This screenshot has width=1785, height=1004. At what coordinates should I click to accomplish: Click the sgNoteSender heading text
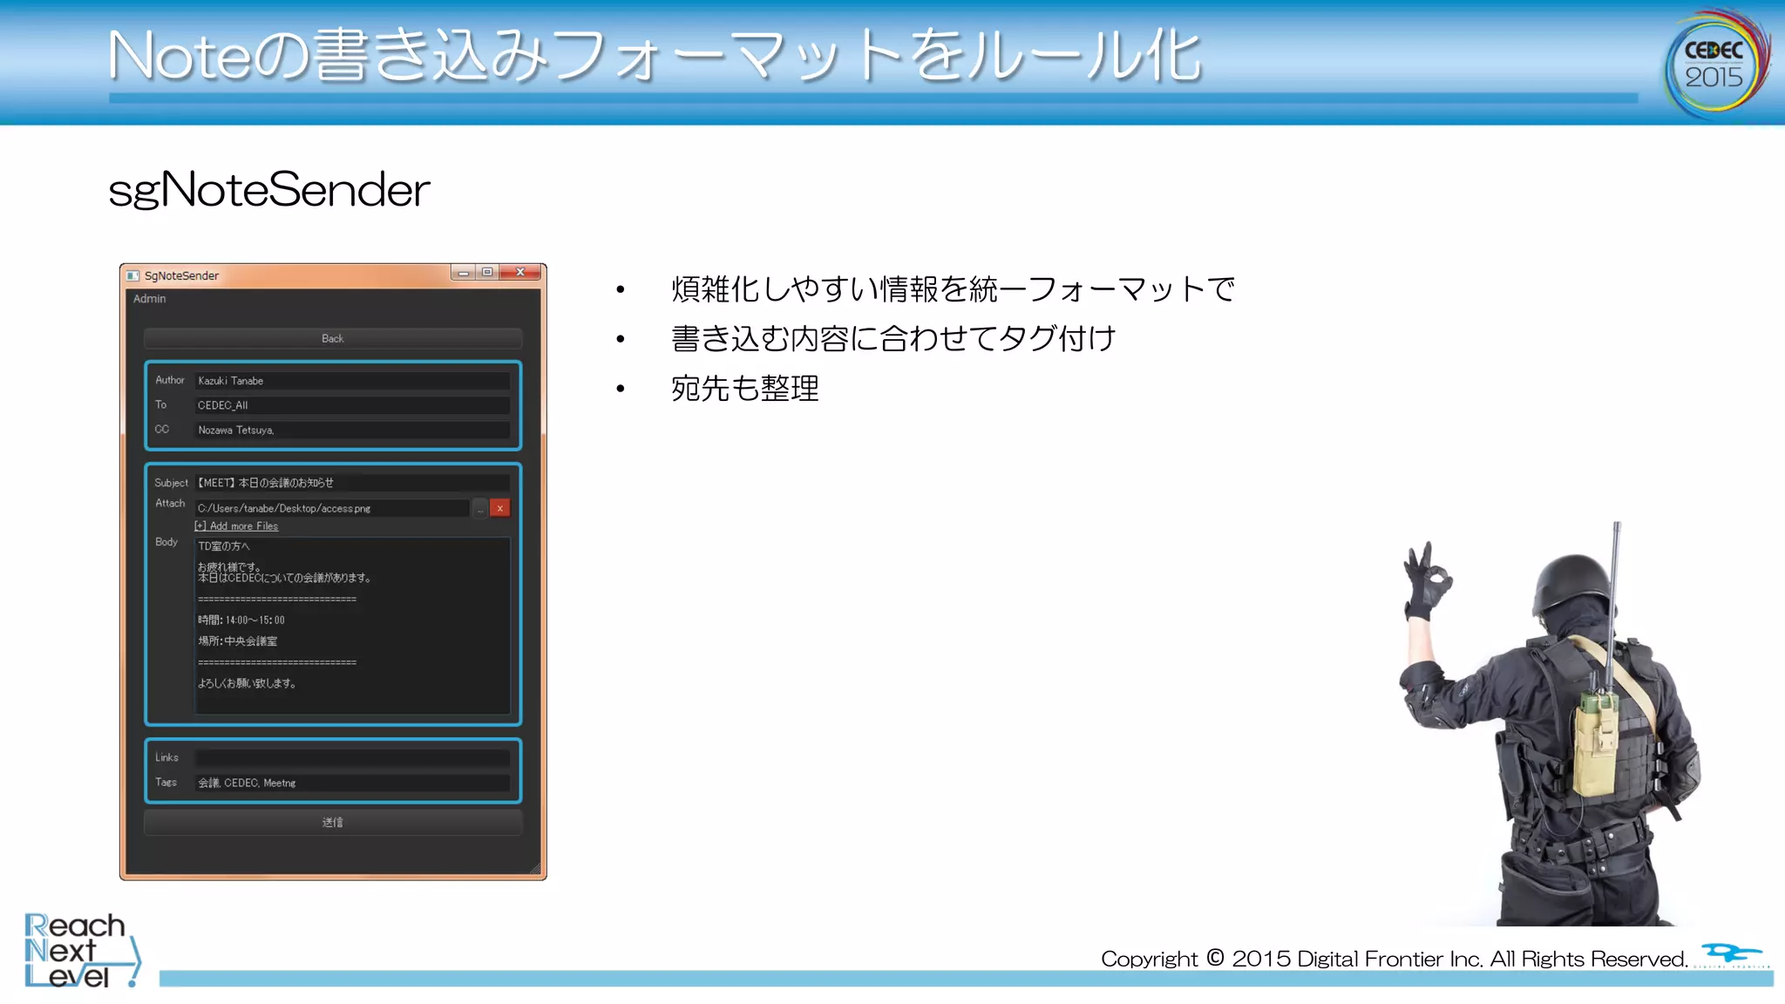point(269,189)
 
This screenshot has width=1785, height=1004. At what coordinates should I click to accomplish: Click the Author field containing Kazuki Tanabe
point(352,381)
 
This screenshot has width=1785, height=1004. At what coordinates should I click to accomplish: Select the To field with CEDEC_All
point(352,405)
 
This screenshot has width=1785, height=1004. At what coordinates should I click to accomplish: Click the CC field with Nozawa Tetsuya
point(352,430)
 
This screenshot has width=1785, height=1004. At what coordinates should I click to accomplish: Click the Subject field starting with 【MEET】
point(352,483)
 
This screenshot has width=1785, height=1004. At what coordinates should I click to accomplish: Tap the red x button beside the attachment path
point(499,508)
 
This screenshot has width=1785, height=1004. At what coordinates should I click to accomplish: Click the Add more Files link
point(237,526)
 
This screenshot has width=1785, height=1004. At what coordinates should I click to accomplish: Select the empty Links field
point(352,758)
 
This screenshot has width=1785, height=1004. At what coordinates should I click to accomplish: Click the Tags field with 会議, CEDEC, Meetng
point(352,783)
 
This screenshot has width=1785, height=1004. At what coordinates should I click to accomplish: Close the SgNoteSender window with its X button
point(521,273)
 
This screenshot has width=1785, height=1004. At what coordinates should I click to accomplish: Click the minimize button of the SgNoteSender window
point(464,273)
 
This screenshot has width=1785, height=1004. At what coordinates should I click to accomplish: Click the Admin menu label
point(149,299)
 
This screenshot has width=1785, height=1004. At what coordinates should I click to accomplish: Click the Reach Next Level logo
point(78,950)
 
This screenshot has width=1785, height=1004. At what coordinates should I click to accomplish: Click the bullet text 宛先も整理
point(745,389)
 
